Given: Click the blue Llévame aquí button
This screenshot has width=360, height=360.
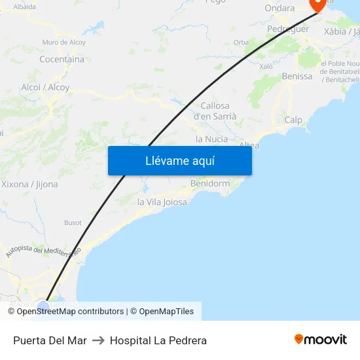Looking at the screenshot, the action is pyautogui.click(x=179, y=160).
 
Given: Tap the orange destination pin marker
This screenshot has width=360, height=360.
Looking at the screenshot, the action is pyautogui.click(x=318, y=4).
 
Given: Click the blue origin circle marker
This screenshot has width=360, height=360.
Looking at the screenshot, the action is pyautogui.click(x=43, y=306).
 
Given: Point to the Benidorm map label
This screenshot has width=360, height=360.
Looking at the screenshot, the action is pyautogui.click(x=209, y=183).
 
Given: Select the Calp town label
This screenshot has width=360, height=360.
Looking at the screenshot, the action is pyautogui.click(x=293, y=120).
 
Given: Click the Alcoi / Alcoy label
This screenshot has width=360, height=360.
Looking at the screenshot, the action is pyautogui.click(x=45, y=87).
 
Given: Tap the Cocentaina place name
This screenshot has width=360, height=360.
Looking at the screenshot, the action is pyautogui.click(x=62, y=59).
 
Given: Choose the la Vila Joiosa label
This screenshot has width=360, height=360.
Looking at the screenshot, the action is pyautogui.click(x=162, y=202).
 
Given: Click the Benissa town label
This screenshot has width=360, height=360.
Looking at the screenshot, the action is pyautogui.click(x=297, y=77).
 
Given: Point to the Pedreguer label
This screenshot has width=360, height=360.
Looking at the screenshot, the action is pyautogui.click(x=287, y=29).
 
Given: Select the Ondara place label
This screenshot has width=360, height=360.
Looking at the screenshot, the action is pyautogui.click(x=279, y=8).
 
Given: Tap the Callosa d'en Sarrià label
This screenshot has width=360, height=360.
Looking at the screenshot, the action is pyautogui.click(x=215, y=111).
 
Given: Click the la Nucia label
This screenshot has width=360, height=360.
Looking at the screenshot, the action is pyautogui.click(x=212, y=139).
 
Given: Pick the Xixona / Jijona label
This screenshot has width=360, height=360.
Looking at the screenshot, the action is pyautogui.click(x=29, y=185).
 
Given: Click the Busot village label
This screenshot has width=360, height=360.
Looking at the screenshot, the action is pyautogui.click(x=73, y=223).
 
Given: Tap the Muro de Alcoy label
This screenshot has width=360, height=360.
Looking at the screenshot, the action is pyautogui.click(x=63, y=42).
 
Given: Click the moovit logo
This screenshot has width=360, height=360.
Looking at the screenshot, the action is pyautogui.click(x=320, y=339).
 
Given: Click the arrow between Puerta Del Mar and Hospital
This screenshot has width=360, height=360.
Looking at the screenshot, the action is pyautogui.click(x=98, y=340).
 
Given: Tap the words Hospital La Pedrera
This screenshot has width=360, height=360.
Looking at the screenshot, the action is pyautogui.click(x=158, y=340).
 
